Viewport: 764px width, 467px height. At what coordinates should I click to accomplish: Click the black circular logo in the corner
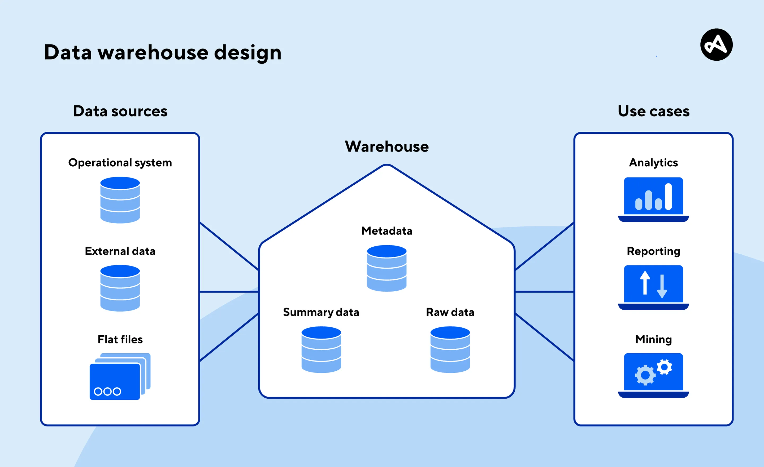tap(716, 45)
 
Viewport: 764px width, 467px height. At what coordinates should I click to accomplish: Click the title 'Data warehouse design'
tap(163, 53)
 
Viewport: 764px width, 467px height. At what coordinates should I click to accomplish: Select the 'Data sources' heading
tap(120, 111)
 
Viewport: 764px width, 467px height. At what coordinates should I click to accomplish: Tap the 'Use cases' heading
tap(654, 111)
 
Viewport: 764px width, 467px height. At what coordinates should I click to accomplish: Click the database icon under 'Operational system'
tap(120, 200)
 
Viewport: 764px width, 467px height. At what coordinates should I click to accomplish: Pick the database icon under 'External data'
tap(120, 288)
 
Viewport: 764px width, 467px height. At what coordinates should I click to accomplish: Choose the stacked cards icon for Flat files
tap(120, 376)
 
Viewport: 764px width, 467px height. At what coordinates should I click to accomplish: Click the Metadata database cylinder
tap(387, 268)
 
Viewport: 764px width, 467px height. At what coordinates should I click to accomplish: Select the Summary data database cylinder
tap(321, 349)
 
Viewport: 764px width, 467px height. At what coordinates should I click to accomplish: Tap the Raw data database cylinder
tap(450, 349)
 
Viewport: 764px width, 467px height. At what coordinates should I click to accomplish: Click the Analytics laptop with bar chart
tap(654, 199)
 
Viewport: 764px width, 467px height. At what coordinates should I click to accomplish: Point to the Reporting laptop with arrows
tap(654, 287)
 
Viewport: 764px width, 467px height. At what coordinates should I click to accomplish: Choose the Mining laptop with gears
tap(654, 375)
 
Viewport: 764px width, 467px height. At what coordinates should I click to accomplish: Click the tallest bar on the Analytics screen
tap(668, 197)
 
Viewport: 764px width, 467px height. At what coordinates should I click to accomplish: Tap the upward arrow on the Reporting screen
tap(645, 283)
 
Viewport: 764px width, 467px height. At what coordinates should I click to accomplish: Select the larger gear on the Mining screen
tap(645, 375)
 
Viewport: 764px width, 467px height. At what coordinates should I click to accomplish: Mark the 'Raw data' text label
tap(450, 312)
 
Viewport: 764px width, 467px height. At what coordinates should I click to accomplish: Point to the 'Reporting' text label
tap(654, 251)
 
